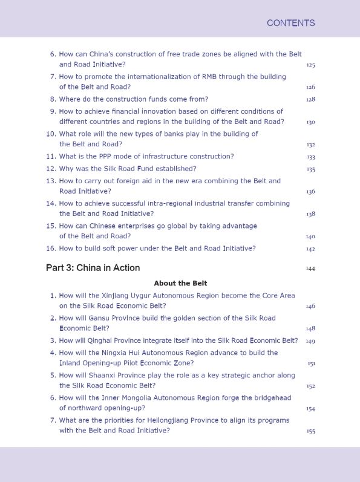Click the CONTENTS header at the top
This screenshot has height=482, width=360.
click(x=290, y=23)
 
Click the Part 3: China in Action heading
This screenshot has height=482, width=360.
click(x=93, y=268)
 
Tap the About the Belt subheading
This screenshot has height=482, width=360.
click(x=180, y=283)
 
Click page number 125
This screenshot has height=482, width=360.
click(x=310, y=65)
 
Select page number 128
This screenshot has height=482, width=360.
click(x=310, y=99)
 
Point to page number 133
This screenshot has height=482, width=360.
click(x=310, y=157)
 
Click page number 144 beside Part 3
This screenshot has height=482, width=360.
click(x=310, y=269)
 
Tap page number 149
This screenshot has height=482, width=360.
click(x=310, y=341)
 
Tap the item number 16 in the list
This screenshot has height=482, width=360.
click(x=51, y=249)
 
